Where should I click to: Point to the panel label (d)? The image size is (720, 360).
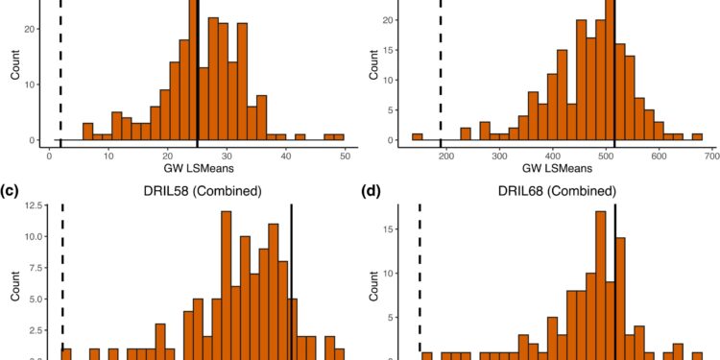point(372,190)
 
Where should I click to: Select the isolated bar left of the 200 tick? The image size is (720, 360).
point(417,137)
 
